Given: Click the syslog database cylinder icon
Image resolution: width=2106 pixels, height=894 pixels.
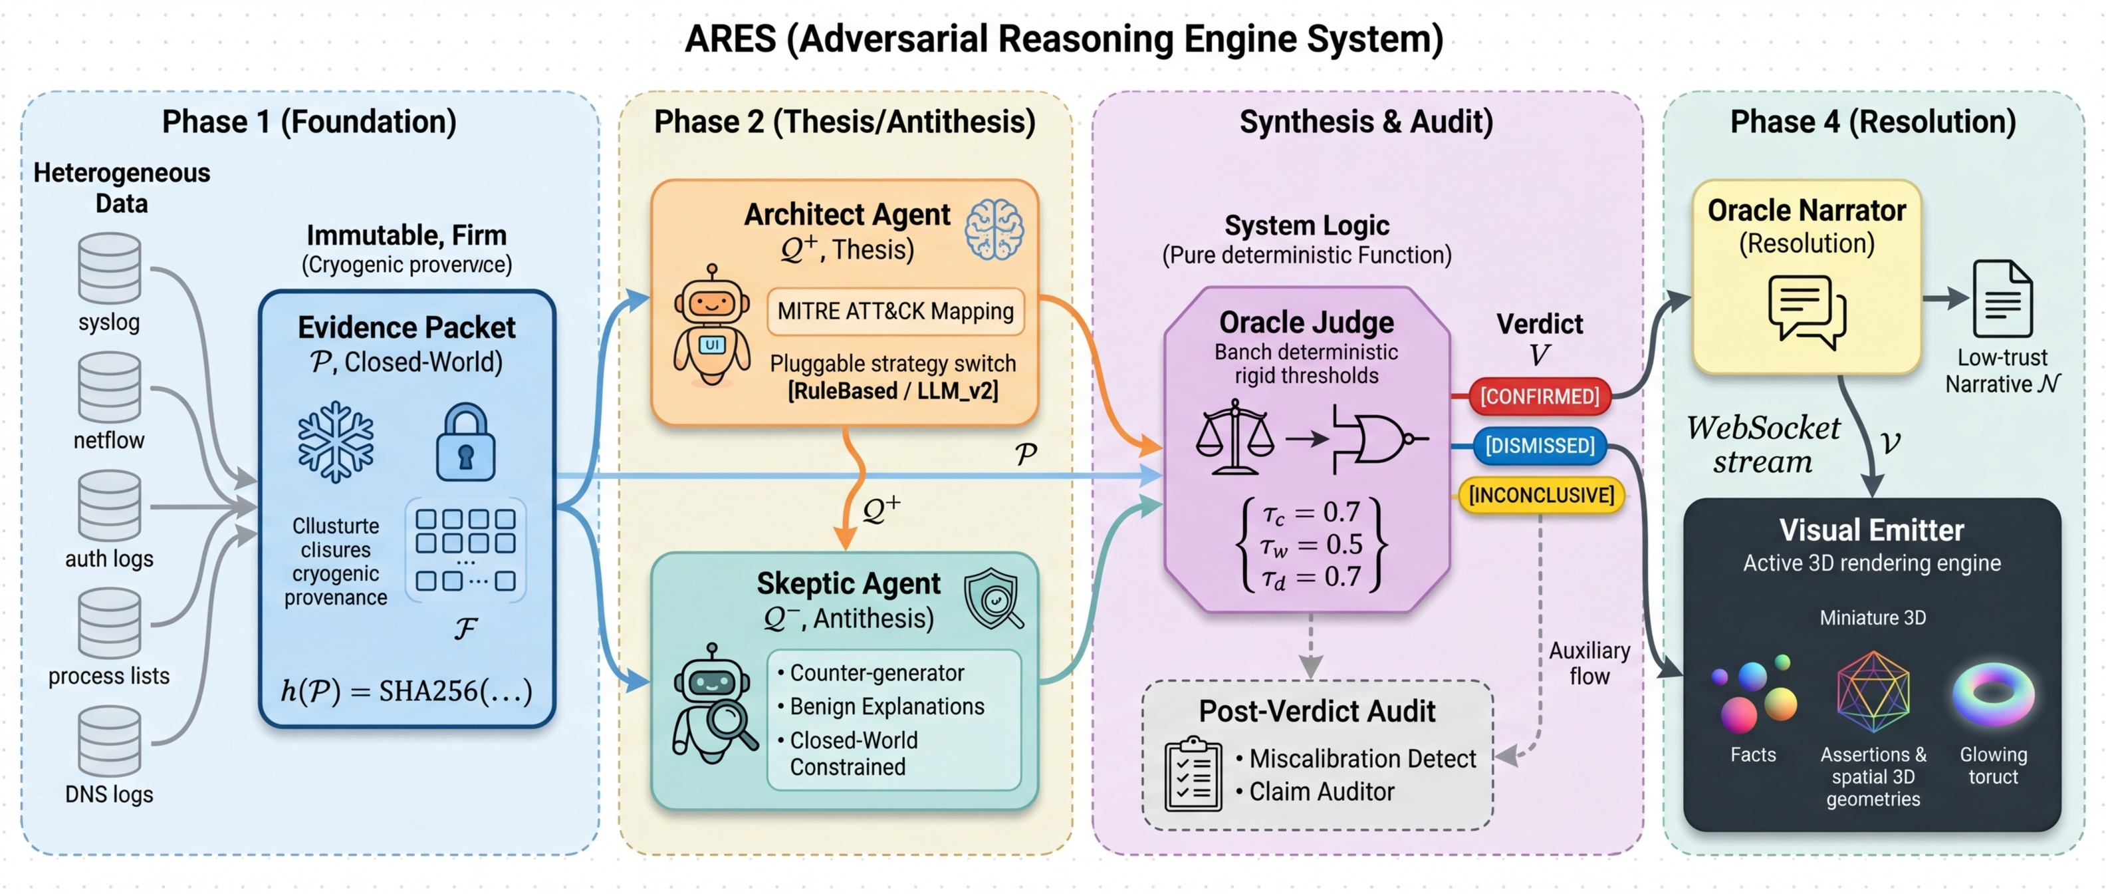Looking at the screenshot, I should pos(109,268).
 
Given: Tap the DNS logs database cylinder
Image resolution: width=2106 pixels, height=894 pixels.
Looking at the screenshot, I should pos(109,741).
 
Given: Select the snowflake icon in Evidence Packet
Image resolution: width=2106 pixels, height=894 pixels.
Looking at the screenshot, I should pos(335,442).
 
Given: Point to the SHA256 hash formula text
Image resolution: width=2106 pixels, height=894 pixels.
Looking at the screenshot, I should pos(406,691).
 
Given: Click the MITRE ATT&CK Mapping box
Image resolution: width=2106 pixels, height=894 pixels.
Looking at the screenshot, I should pos(895,311).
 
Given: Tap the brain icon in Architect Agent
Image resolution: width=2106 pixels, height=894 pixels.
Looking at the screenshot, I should pos(993,230).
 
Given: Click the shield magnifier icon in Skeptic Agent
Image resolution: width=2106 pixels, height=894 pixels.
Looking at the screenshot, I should pos(993,599).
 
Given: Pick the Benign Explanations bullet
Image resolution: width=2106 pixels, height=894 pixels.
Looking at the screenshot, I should pos(886,706).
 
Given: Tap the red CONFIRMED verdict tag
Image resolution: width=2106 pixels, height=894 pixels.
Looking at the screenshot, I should pos(1540,396).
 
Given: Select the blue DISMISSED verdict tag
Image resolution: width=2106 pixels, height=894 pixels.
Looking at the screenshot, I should pos(1540,446).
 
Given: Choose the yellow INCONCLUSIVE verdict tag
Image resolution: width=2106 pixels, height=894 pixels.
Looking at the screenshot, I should pos(1541,496).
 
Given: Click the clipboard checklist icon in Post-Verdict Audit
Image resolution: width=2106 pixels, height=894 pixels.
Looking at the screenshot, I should pos(1193,774).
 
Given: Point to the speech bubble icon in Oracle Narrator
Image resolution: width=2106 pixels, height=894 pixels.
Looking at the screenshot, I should pos(1807,311).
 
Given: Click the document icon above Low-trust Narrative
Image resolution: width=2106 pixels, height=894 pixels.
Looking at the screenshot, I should pos(2002,299).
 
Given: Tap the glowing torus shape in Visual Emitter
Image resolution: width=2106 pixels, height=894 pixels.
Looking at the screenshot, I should pos(1993,694).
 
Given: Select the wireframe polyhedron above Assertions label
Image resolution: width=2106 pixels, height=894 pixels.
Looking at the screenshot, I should pos(1873,692).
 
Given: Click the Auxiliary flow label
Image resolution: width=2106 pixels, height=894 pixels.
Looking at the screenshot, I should pos(1589,663).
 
